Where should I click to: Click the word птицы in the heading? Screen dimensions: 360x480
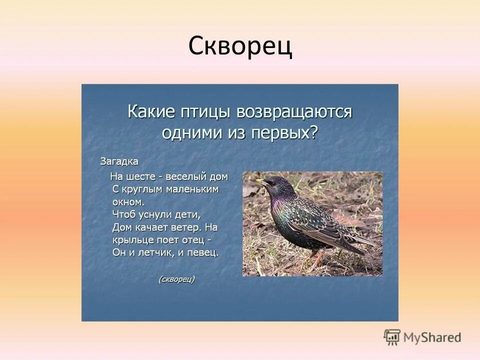pyautogui.click(x=205, y=111)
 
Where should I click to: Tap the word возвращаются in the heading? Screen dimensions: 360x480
pyautogui.click(x=294, y=111)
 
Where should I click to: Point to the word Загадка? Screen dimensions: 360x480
pyautogui.click(x=119, y=161)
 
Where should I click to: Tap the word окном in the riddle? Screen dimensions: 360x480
pyautogui.click(x=127, y=202)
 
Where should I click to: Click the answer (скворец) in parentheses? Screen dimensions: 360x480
pyautogui.click(x=176, y=279)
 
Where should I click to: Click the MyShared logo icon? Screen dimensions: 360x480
pyautogui.click(x=392, y=337)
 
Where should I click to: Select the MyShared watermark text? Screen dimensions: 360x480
pyautogui.click(x=432, y=337)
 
